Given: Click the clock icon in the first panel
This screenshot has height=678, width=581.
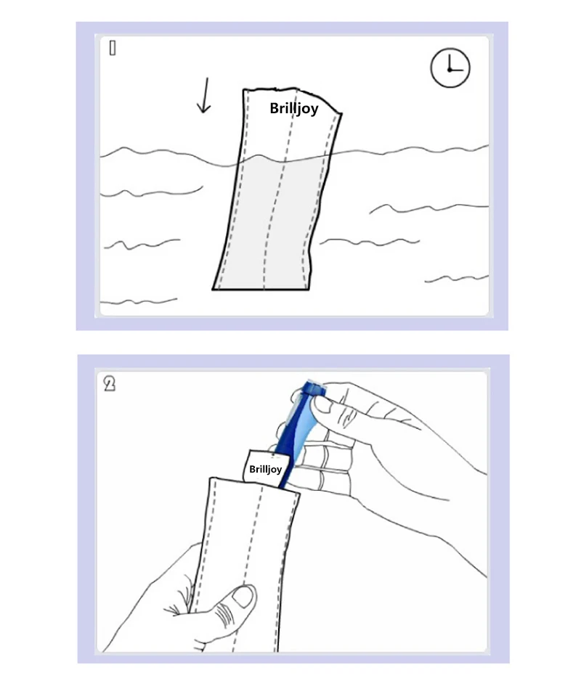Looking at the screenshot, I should tap(450, 68).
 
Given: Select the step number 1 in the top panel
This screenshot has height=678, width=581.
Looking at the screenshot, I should tap(113, 49).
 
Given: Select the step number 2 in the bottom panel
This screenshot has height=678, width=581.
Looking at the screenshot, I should tap(110, 383).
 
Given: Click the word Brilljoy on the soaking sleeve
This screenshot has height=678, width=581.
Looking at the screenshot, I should tap(293, 109).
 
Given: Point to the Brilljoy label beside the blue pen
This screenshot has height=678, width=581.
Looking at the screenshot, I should tap(264, 469).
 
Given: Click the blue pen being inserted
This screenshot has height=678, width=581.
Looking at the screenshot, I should tap(294, 436).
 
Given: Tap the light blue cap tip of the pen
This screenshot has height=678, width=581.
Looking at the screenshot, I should tap(314, 387).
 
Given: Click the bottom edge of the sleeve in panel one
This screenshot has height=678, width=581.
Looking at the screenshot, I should tap(261, 290).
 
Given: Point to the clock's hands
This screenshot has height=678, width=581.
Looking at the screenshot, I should tap(452, 67).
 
